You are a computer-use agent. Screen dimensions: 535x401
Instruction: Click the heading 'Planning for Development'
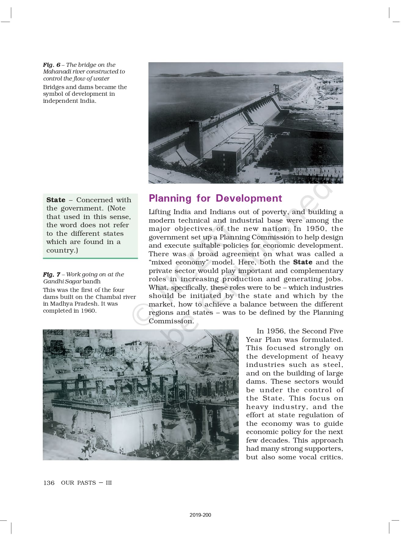tap(215, 198)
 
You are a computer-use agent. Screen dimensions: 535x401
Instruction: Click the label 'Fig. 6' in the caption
tap(52, 65)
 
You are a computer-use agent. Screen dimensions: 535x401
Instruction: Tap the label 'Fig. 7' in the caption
tap(52, 274)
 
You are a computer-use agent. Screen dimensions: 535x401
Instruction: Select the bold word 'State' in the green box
tap(56, 200)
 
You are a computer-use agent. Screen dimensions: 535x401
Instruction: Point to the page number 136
tap(49, 483)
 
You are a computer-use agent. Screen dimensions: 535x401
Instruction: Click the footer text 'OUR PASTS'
tap(78, 483)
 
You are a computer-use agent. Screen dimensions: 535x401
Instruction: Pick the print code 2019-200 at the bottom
tap(200, 515)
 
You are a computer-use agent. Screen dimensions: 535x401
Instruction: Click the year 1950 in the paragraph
tap(315, 229)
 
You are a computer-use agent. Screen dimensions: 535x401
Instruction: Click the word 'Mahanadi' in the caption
tap(57, 72)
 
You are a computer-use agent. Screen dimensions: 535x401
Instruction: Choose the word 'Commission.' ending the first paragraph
tap(171, 321)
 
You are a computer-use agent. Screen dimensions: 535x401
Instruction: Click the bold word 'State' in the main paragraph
tap(302, 262)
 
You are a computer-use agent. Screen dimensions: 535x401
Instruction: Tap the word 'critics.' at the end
tap(331, 457)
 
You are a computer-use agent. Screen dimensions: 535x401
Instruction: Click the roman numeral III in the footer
tap(109, 483)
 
